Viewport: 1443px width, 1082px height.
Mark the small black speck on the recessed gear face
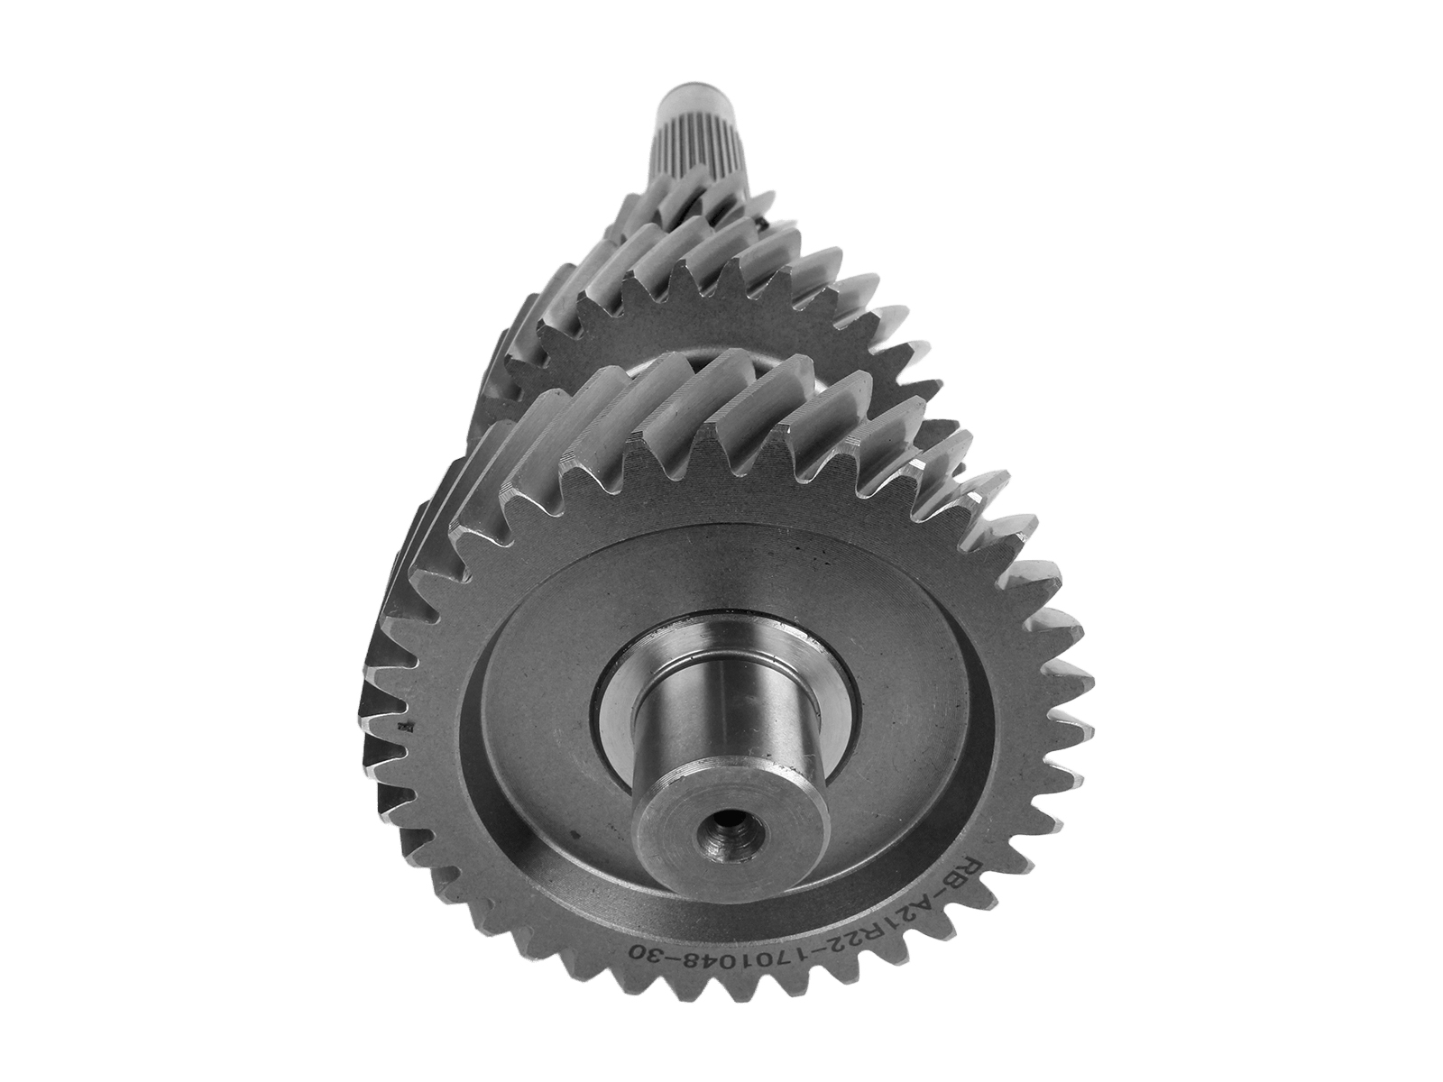pos(576,834)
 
